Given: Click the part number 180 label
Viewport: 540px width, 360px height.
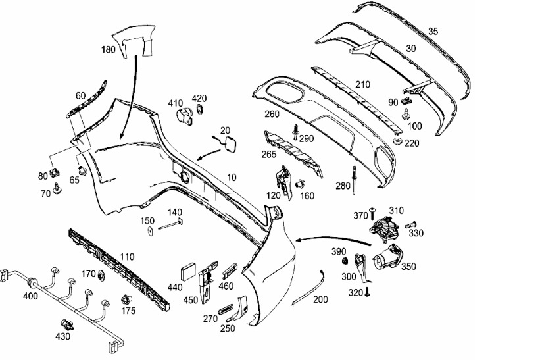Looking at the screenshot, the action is pos(108,49).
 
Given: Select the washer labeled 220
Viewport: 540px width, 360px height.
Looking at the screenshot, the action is pos(398,141).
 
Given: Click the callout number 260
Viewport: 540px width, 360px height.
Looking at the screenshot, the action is pos(272,114).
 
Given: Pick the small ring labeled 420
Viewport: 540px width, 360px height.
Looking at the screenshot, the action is pos(200,109).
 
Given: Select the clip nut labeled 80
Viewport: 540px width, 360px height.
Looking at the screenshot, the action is pos(54,172).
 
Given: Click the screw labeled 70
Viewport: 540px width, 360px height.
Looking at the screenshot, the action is pos(57,188).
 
